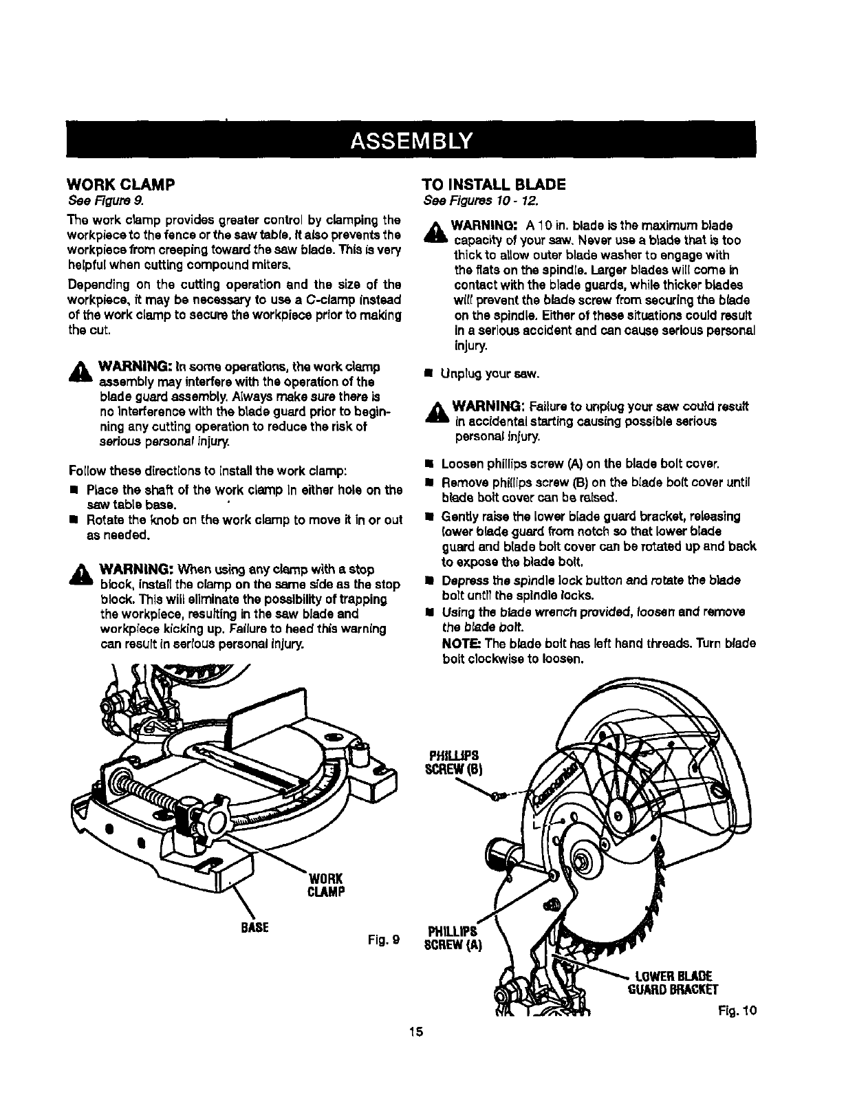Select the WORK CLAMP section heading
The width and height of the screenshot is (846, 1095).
[x=122, y=184]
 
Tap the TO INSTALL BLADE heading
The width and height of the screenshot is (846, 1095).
[x=493, y=184]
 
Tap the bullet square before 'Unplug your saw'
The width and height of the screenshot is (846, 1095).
[x=428, y=375]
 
